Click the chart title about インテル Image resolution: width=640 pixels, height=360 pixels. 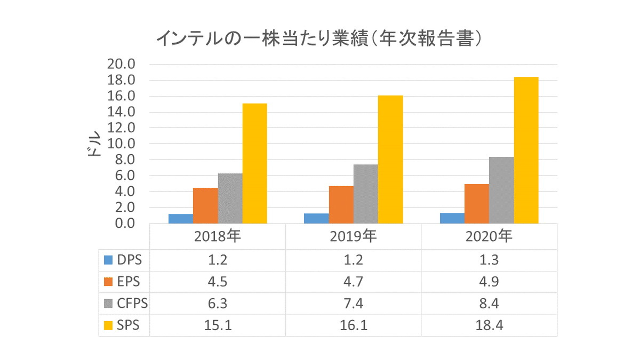click(319, 38)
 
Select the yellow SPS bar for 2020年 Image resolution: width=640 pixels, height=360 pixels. click(526, 150)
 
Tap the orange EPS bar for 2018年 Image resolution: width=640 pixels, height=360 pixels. click(205, 206)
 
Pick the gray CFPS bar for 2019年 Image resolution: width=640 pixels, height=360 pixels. click(366, 194)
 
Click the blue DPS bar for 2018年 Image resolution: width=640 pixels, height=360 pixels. click(180, 219)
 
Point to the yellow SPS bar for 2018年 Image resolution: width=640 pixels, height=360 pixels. click(254, 164)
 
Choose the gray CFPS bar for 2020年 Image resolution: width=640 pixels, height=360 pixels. click(501, 190)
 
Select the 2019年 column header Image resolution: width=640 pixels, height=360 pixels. click(353, 236)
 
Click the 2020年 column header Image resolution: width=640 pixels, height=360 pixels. click(489, 236)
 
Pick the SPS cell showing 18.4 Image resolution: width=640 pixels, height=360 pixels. click(489, 325)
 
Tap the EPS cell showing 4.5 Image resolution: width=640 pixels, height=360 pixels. click(217, 282)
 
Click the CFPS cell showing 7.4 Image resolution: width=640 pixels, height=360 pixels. click(353, 303)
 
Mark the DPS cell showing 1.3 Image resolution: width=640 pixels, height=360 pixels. click(489, 260)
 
